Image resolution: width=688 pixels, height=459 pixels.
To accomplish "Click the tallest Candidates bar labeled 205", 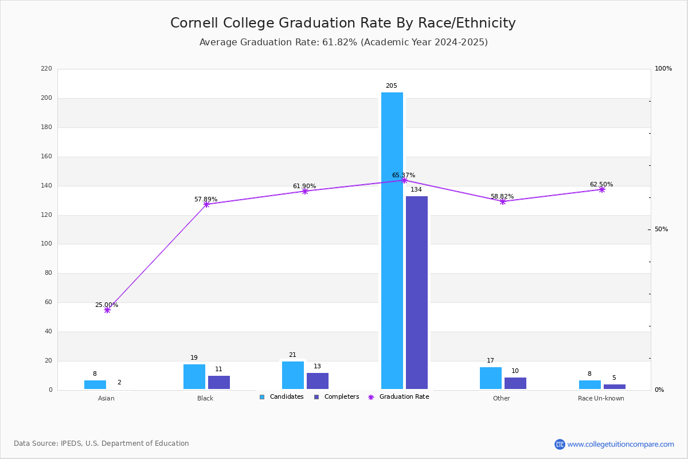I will pyautogui.click(x=392, y=241).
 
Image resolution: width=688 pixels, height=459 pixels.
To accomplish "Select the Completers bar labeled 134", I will pyautogui.click(x=417, y=293).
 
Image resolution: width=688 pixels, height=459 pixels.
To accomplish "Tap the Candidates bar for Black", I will pyautogui.click(x=194, y=377).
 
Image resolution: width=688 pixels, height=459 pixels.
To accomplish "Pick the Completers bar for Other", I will pyautogui.click(x=515, y=383).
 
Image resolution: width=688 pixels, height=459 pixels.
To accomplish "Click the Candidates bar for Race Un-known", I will pyautogui.click(x=590, y=385).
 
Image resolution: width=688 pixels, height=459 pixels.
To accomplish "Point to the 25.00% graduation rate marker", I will pyautogui.click(x=107, y=310).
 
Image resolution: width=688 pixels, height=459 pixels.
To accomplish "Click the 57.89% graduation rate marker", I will pyautogui.click(x=206, y=204).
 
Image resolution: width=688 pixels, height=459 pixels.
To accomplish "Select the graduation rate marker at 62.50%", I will pyautogui.click(x=602, y=189).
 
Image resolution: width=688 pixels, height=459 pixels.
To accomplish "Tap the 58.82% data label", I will pyautogui.click(x=502, y=196).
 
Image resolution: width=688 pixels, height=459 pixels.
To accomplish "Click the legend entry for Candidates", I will pyautogui.click(x=282, y=397).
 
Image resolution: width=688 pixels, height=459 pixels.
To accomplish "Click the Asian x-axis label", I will pyautogui.click(x=106, y=398).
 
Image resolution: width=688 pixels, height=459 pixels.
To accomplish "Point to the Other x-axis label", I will pyautogui.click(x=501, y=398).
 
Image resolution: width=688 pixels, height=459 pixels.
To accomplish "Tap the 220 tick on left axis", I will pyautogui.click(x=46, y=69).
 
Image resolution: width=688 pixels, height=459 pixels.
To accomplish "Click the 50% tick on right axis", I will pyautogui.click(x=661, y=229).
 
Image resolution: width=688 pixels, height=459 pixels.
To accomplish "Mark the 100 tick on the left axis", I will pyautogui.click(x=46, y=244).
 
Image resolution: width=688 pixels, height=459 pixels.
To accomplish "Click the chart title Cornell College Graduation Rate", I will pyautogui.click(x=343, y=23).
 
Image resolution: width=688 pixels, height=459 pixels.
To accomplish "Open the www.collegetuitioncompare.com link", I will pyautogui.click(x=620, y=444).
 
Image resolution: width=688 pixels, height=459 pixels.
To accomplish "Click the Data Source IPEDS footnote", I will pyautogui.click(x=101, y=444).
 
